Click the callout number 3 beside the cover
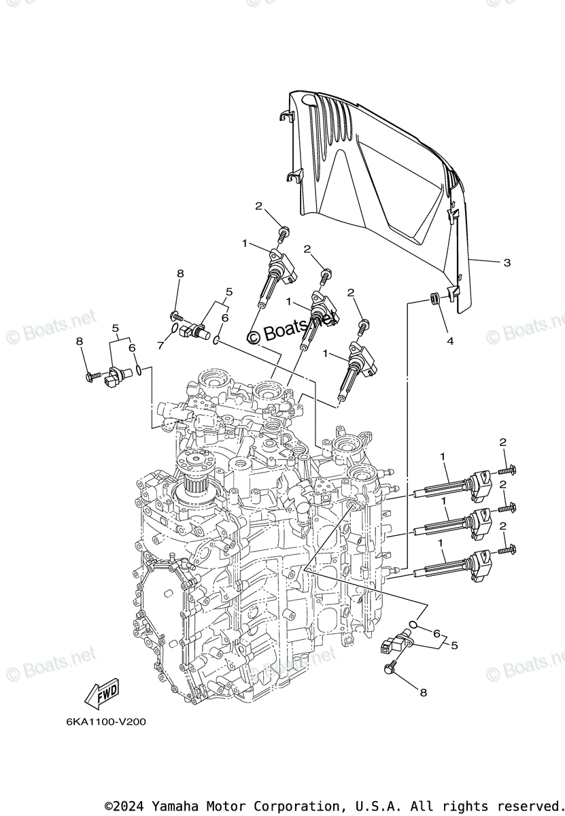(507, 262)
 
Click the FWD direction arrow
(101, 693)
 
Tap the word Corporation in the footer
(271, 805)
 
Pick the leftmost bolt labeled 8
(90, 375)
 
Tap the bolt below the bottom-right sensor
(390, 668)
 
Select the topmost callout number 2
(259, 205)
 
